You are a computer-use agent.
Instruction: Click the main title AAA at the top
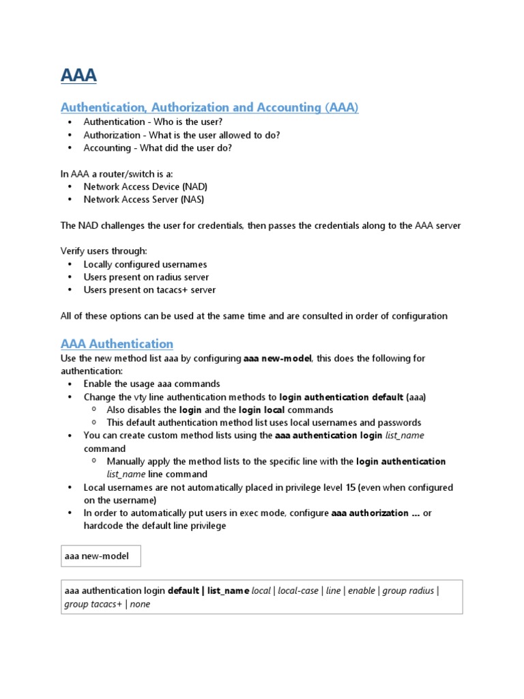click(x=78, y=75)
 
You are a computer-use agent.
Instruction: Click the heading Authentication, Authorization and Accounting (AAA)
click(x=209, y=108)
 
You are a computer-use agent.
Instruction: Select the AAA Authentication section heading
click(x=117, y=344)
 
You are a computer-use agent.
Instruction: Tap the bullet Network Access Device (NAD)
click(x=145, y=186)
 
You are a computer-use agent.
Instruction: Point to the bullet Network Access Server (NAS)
click(x=143, y=199)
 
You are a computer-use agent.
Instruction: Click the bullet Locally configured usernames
click(x=145, y=264)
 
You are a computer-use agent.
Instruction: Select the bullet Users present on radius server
click(x=146, y=277)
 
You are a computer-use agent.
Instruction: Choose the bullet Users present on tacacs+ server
click(x=149, y=290)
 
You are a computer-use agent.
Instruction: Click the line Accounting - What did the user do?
click(x=158, y=148)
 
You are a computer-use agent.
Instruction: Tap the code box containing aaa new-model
click(x=100, y=556)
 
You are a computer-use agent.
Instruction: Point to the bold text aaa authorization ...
click(x=369, y=513)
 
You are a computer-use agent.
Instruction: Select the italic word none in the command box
click(x=140, y=604)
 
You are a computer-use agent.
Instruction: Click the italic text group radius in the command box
click(x=408, y=590)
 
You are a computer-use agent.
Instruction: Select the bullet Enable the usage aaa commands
click(x=151, y=384)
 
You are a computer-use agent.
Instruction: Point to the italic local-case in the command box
click(x=299, y=590)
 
